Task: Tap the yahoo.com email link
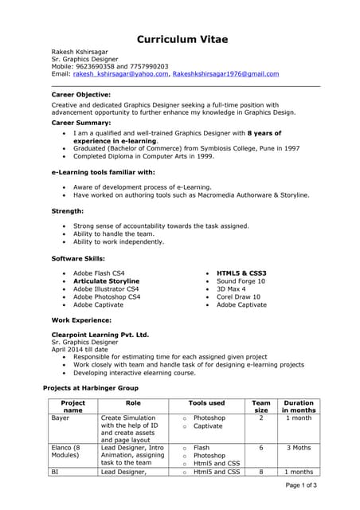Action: (120, 73)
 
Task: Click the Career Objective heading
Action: (81, 94)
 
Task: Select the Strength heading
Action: (68, 210)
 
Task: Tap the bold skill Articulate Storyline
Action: (106, 281)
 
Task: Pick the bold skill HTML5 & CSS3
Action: (241, 273)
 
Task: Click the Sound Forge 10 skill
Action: (241, 281)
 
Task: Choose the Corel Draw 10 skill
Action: (238, 296)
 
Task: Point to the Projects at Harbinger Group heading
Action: (90, 387)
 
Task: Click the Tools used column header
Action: (206, 403)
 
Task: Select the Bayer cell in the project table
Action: (61, 418)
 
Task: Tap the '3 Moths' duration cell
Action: (299, 448)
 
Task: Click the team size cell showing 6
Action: (261, 448)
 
